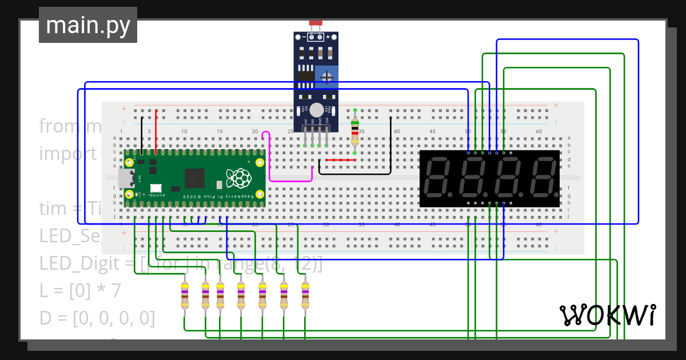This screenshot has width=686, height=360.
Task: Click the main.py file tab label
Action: pos(87,26)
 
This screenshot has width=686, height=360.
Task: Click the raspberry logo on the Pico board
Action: pos(238,178)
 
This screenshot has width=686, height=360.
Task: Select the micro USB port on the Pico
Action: pos(122,179)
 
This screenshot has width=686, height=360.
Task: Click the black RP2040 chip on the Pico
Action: pos(194,178)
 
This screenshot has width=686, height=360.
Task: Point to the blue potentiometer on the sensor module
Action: pos(326,76)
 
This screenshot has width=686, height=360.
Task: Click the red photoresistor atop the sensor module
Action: pos(316,23)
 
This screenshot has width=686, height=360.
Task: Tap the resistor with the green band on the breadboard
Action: pos(355,131)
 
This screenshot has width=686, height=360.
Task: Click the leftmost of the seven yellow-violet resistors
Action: pos(184,295)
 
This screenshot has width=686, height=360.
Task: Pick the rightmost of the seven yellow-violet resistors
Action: pos(305,295)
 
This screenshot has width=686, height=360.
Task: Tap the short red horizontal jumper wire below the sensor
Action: pos(341,160)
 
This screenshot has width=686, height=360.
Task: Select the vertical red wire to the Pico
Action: pos(156,131)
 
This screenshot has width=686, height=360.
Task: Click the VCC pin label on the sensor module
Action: pos(327,121)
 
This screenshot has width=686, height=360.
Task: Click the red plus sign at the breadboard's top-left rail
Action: pos(123,109)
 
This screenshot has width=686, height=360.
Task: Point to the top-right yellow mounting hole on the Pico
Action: pos(260,163)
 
